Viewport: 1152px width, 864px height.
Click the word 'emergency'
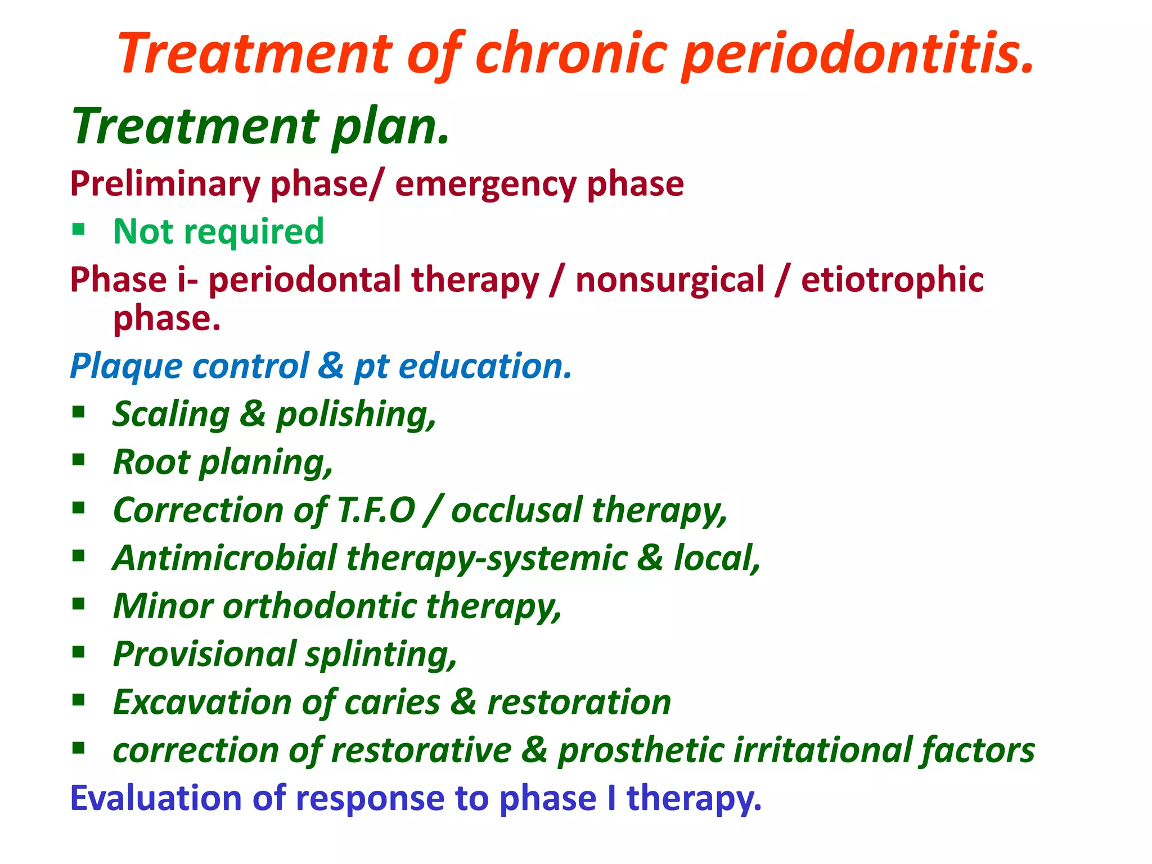coord(485,184)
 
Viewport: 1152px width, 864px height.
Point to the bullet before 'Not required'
coord(79,229)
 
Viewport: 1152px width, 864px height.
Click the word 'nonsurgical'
coord(670,280)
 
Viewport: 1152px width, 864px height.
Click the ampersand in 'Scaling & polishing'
coord(253,414)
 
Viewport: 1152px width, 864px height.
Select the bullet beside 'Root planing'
coord(79,460)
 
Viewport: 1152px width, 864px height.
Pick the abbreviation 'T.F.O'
coord(376,510)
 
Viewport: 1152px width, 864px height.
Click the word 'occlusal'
coord(516,510)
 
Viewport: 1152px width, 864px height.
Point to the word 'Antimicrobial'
coord(224,558)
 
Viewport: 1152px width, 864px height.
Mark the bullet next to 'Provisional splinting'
coord(79,652)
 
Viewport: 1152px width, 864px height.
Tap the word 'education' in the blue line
coord(484,366)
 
